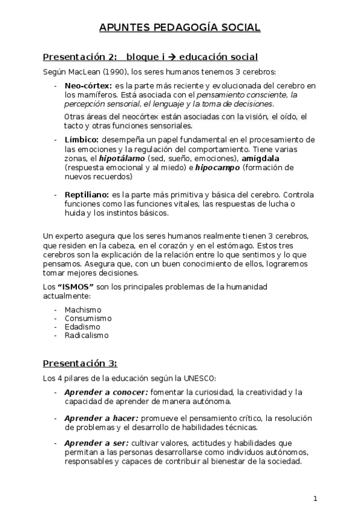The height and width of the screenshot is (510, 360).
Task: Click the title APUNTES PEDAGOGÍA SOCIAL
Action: (180, 27)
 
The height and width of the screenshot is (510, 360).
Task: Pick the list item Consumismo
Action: (88, 318)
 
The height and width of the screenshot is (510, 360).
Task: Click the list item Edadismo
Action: (82, 327)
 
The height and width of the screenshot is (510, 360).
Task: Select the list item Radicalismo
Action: (87, 336)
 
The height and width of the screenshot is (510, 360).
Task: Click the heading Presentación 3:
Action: (79, 363)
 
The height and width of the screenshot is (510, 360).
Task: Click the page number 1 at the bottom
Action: (315, 499)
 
